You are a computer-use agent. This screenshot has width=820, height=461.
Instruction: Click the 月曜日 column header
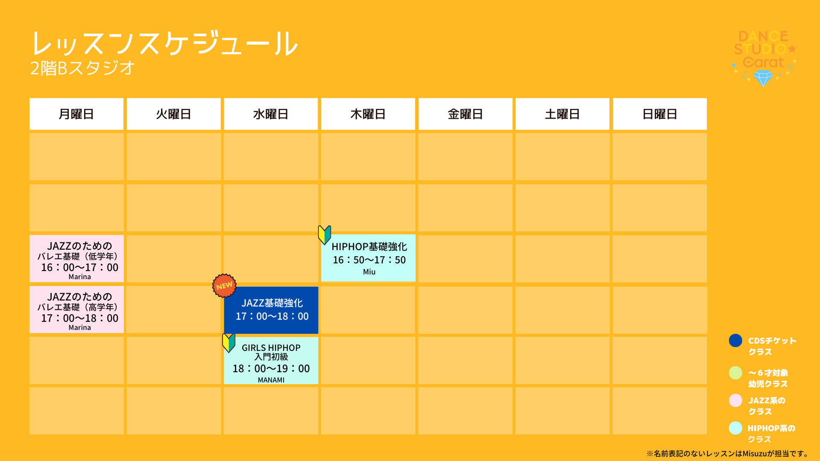[x=76, y=114]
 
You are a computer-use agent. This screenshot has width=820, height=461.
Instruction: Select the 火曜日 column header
[x=174, y=114]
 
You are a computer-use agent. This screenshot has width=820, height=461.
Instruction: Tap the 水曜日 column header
[x=271, y=114]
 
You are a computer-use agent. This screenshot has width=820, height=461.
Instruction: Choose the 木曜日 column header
[x=368, y=114]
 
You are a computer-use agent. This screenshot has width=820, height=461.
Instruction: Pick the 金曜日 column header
[x=466, y=114]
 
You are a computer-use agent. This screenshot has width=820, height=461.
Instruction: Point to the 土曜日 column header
[x=562, y=114]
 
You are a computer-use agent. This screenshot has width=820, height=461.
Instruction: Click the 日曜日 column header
[x=660, y=114]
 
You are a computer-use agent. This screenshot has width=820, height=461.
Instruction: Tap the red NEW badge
[x=224, y=286]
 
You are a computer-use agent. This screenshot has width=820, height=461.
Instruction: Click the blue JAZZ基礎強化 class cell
[x=271, y=310]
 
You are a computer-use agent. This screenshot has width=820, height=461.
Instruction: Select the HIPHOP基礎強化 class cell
[x=368, y=258]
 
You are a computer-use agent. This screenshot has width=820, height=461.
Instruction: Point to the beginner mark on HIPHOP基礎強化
[x=325, y=235]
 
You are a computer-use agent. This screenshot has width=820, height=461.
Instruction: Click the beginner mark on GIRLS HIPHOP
[x=229, y=343]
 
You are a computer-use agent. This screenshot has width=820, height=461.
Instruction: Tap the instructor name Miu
[x=369, y=272]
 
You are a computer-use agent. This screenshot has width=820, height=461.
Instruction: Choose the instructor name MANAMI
[x=271, y=380]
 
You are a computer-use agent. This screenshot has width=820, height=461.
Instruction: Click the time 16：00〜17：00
[x=80, y=268]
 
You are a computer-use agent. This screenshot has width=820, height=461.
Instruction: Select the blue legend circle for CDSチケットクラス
[x=735, y=341]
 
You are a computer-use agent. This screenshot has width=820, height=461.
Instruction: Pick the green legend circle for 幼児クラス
[x=735, y=373]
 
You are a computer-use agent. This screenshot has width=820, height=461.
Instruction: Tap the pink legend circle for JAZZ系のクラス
[x=735, y=400]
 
